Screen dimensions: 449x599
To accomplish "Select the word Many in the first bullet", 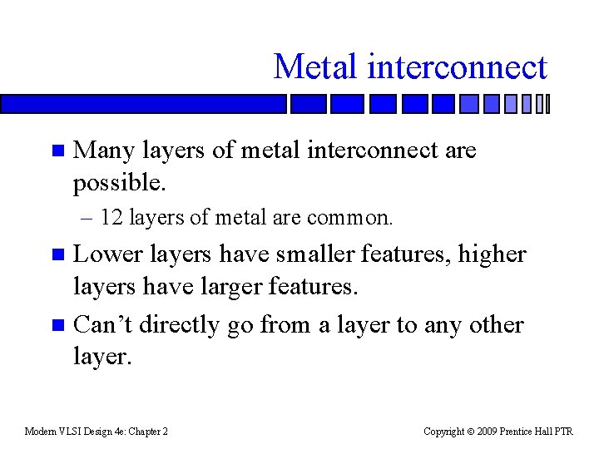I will tap(104, 151).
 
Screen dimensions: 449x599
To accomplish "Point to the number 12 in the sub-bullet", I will tap(111, 218).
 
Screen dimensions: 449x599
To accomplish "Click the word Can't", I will tap(103, 324).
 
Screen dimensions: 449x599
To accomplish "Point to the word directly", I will tap(181, 324).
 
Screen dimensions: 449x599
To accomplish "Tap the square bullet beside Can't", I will tap(57, 325).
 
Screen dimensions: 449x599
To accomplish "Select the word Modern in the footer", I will tap(40, 432).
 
